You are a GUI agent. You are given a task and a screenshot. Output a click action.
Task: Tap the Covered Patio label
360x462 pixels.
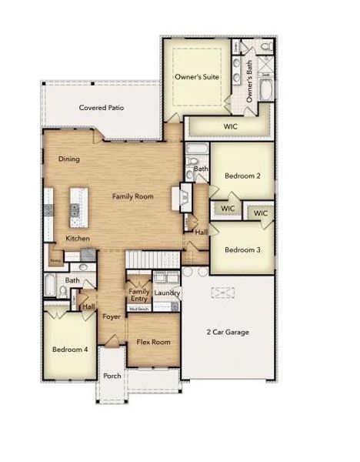point(102,109)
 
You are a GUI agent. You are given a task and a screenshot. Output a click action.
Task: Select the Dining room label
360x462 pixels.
point(69,159)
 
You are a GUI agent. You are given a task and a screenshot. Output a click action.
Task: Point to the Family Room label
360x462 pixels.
point(134,196)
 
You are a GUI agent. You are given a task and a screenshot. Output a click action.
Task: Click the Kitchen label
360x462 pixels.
point(78,238)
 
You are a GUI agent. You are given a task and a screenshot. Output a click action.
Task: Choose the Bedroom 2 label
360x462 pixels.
point(242,176)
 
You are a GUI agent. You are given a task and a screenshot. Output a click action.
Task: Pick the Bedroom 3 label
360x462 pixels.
point(242,249)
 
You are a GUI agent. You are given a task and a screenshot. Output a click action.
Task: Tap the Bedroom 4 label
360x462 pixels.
point(70,349)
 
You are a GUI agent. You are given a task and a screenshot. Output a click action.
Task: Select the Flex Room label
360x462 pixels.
point(154,342)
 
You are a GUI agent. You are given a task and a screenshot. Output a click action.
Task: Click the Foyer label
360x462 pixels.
point(112,316)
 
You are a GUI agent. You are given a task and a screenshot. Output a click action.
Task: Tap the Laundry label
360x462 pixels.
point(166,293)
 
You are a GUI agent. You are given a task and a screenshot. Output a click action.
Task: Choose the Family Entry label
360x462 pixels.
point(139,295)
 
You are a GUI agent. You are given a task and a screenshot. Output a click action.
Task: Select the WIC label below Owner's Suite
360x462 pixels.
point(229,125)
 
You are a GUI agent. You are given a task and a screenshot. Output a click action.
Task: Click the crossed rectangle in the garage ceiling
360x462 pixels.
point(223,293)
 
